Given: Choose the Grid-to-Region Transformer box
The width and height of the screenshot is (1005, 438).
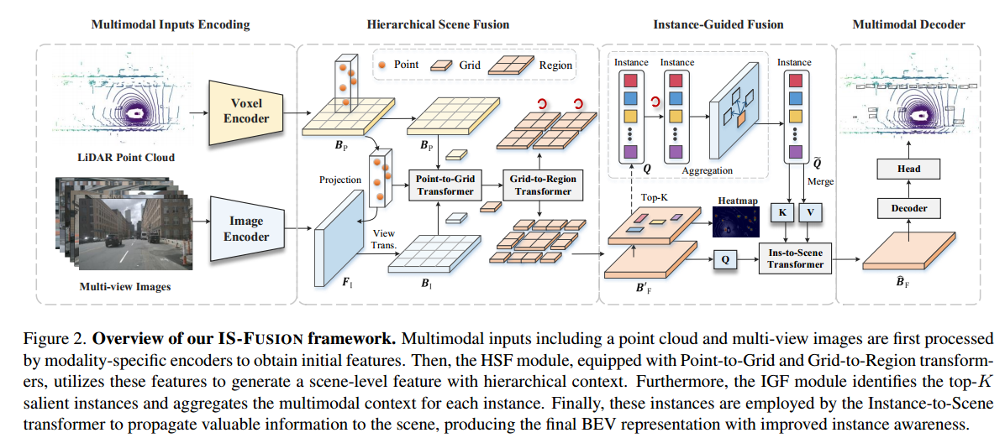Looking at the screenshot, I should click(543, 185).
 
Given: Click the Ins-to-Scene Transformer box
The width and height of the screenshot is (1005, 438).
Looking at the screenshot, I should click(796, 259).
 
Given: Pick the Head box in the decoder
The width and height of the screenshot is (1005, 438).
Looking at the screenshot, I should click(909, 169).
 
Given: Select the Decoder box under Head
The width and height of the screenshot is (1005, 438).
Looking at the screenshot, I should click(909, 207).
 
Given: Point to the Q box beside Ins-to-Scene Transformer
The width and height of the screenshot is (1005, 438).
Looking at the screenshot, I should click(725, 259).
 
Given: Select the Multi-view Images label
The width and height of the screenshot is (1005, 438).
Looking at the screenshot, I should click(125, 286).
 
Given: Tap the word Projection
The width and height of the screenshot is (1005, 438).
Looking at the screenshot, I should click(340, 180).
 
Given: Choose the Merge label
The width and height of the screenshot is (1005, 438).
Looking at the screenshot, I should click(820, 181).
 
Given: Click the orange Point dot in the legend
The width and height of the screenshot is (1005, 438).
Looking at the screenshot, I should click(382, 65).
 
